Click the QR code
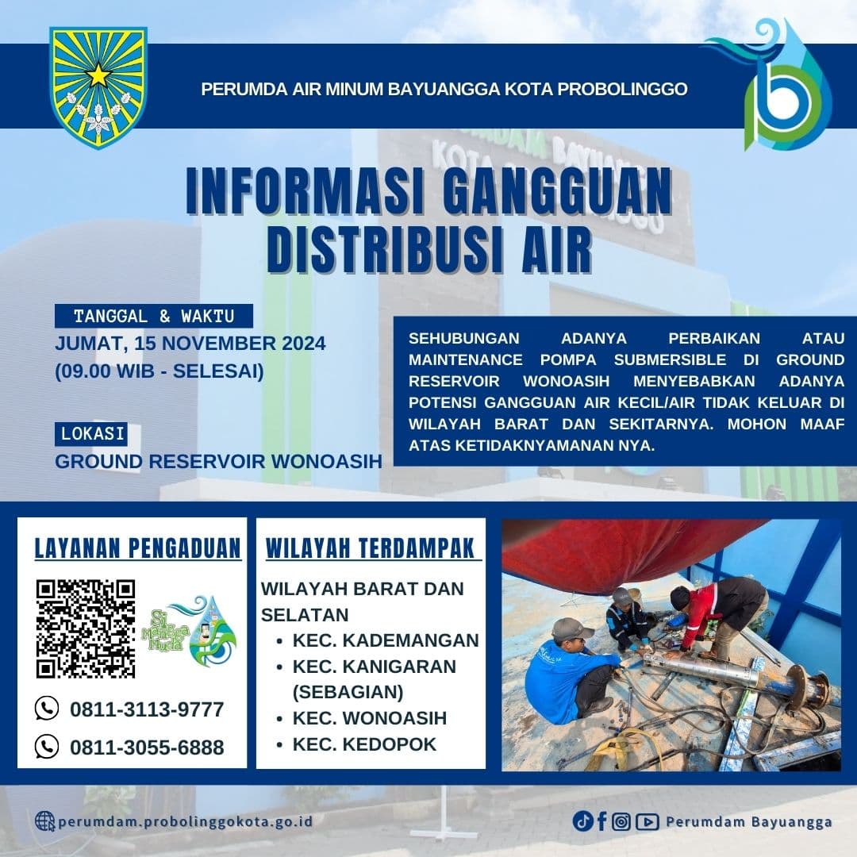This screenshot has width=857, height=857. [86, 628]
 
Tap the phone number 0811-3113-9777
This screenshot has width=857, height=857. [147, 709]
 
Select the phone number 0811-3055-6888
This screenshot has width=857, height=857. [147, 747]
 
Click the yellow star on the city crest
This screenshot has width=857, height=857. [98, 75]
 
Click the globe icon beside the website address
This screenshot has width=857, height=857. [45, 821]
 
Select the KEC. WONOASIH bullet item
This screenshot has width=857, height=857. [369, 718]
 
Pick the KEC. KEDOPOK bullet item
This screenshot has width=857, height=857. [364, 744]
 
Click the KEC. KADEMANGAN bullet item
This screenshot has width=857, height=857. [385, 640]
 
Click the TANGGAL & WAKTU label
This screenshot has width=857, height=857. [154, 316]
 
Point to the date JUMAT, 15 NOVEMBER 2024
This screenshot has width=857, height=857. [190, 344]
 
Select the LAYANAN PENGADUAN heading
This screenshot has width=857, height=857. [137, 548]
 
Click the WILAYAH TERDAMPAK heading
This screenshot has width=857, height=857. [371, 548]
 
